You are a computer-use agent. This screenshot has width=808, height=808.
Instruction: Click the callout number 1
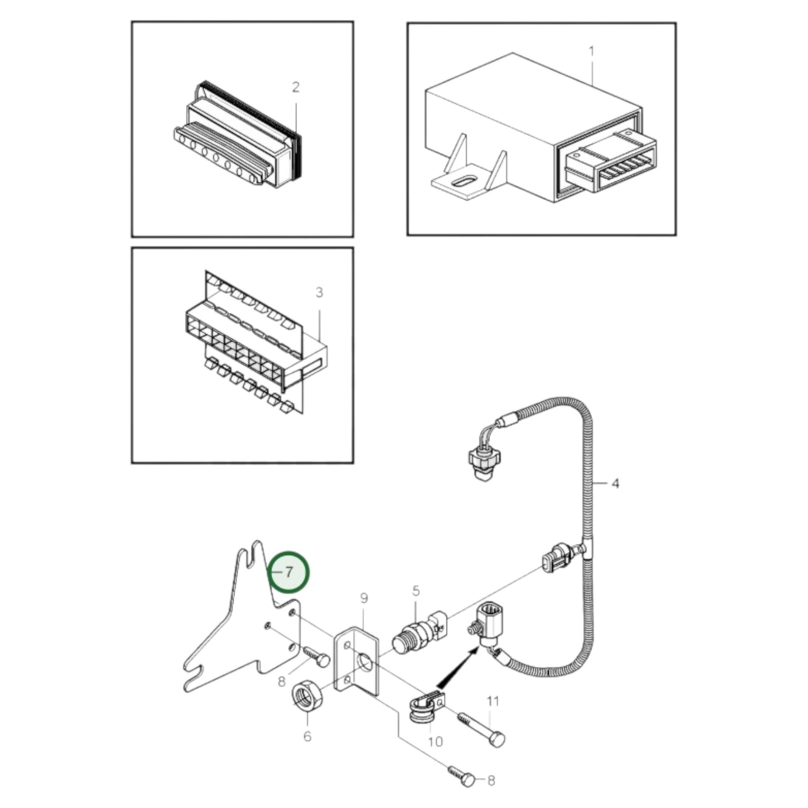point(592,51)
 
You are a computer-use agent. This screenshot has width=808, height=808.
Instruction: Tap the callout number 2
point(295,87)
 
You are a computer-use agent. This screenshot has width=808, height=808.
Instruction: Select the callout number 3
point(319,292)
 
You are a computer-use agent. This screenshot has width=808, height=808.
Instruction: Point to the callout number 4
point(615,483)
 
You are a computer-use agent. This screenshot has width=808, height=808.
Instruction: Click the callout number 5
point(415,591)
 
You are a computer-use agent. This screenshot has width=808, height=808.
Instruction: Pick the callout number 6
point(307,736)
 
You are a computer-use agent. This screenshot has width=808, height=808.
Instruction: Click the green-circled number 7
point(289,572)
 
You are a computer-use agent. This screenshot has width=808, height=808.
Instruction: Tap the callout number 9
point(364,598)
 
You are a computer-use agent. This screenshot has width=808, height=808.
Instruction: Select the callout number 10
point(435,741)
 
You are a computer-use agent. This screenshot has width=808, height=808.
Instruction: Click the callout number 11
point(493,701)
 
